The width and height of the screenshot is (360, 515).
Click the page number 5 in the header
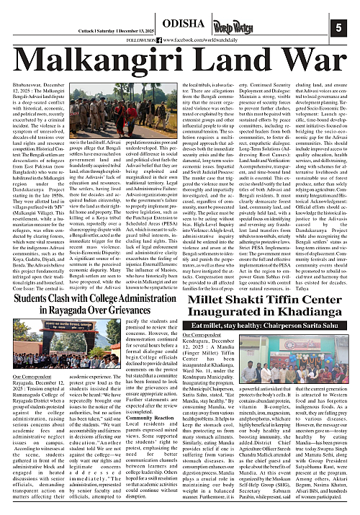pos(338,27)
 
